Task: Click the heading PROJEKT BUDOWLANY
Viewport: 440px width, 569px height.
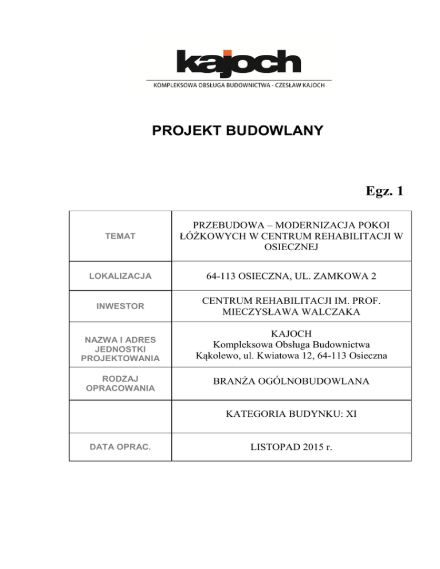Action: (237, 132)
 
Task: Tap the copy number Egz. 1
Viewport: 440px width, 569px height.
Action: (380, 191)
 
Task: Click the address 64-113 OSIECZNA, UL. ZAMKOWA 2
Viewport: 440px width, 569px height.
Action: (292, 276)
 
